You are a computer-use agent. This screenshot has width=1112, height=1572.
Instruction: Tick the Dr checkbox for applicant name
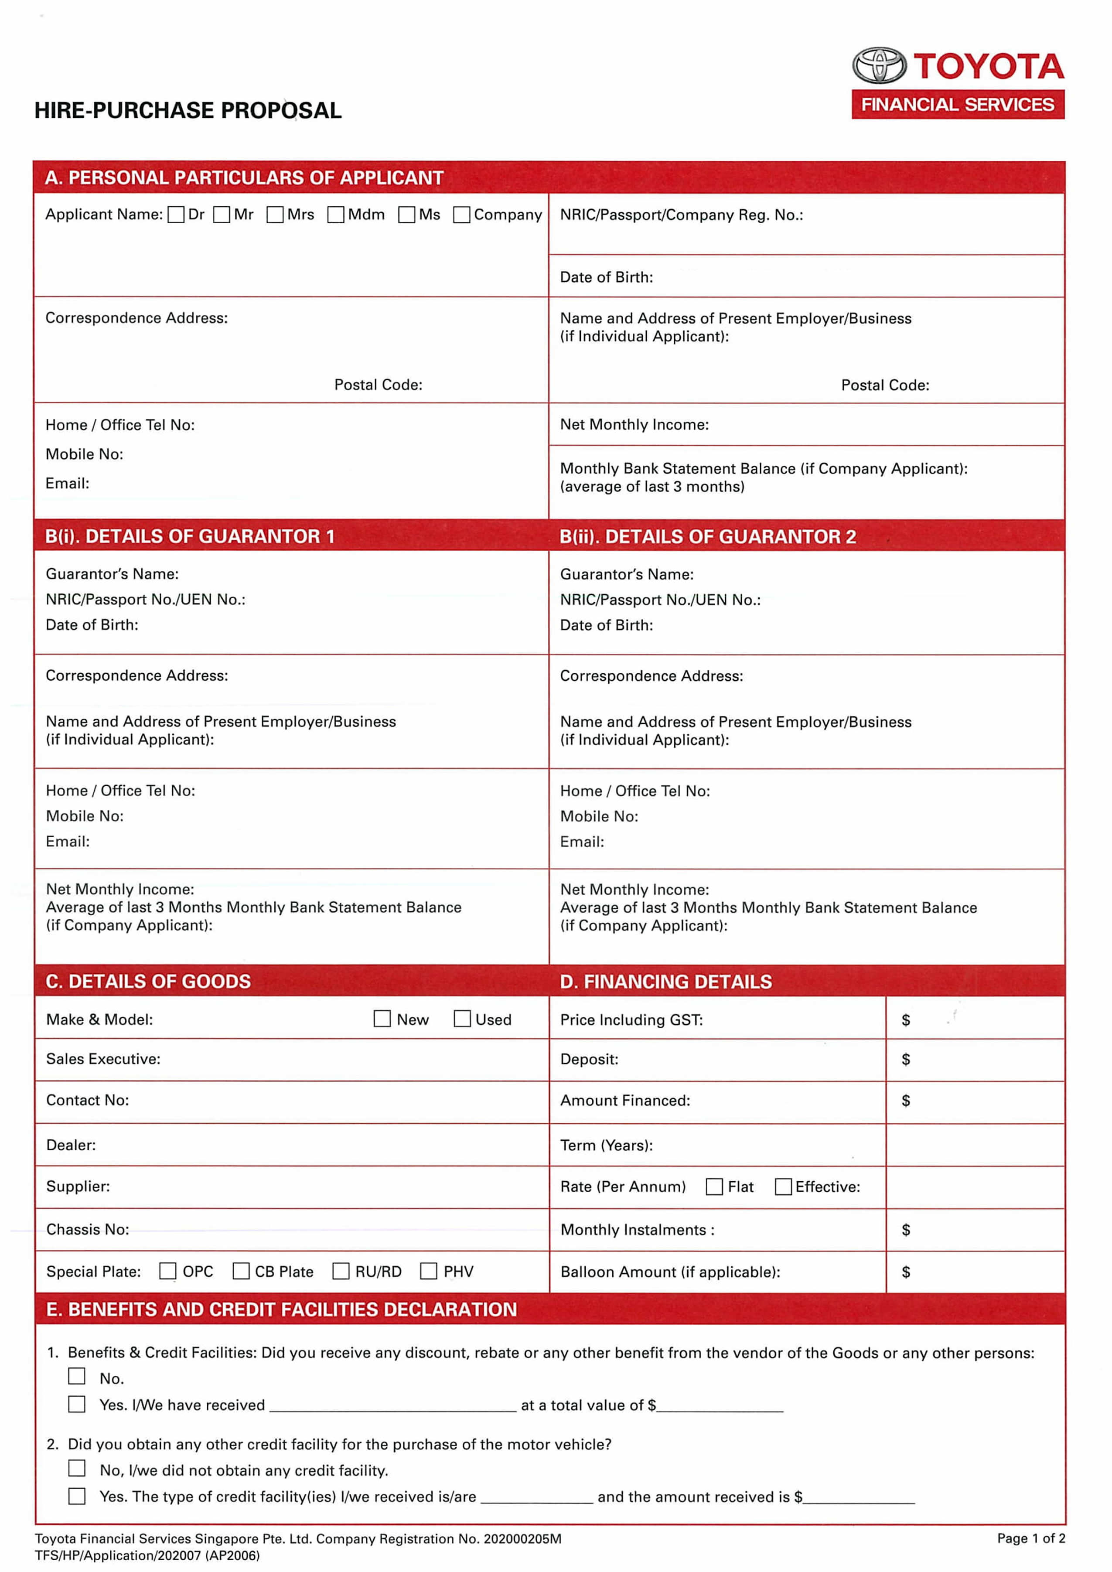tap(176, 215)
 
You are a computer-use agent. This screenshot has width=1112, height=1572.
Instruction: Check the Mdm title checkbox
tap(335, 215)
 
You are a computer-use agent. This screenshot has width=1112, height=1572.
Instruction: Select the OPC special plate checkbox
tap(168, 1272)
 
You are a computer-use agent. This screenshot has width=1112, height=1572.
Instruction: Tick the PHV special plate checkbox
tap(429, 1272)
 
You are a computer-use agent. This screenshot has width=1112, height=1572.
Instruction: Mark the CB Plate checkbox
tap(241, 1272)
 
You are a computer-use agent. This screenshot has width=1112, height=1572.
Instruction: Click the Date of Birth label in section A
tap(606, 277)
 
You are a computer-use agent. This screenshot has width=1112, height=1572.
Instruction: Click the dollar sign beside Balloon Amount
tap(906, 1272)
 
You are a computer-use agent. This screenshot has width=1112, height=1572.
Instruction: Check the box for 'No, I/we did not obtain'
tap(77, 1469)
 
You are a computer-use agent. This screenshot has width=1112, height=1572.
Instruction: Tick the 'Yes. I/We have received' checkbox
tap(77, 1405)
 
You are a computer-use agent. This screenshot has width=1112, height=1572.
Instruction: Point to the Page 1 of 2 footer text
tap(1030, 1538)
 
